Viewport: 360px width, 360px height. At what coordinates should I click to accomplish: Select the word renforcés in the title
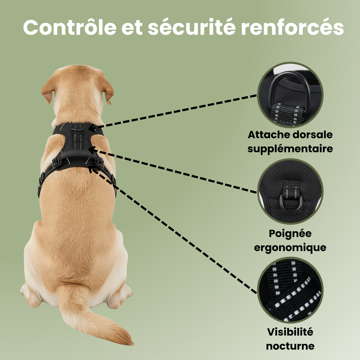pos(292,27)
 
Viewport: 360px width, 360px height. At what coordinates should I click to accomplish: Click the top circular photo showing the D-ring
pos(290,95)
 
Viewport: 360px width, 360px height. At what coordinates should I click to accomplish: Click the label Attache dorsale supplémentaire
pos(290,141)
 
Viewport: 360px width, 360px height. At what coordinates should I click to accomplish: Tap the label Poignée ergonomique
pos(290,240)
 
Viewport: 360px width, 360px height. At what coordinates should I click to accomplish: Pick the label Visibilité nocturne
pos(290,339)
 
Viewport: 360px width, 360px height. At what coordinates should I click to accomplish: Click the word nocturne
pos(290,346)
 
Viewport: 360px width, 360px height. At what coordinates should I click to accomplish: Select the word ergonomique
pos(290,247)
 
